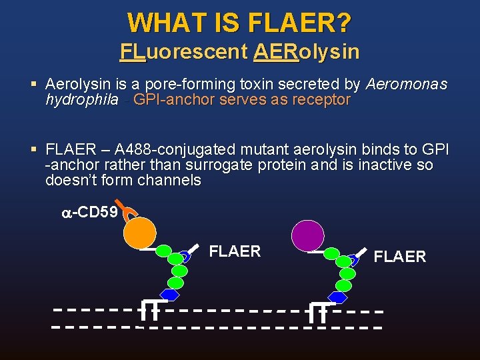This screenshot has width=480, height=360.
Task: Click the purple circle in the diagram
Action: [308, 235]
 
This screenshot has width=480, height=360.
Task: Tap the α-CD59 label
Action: [89, 213]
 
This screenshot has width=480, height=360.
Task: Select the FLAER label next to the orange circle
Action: [235, 251]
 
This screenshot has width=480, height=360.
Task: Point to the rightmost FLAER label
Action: [400, 257]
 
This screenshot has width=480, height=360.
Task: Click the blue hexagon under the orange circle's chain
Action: [171, 295]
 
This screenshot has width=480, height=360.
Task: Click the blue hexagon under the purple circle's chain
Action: [339, 297]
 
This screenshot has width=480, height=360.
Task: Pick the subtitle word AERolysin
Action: [306, 51]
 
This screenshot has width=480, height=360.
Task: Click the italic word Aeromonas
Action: [407, 85]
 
